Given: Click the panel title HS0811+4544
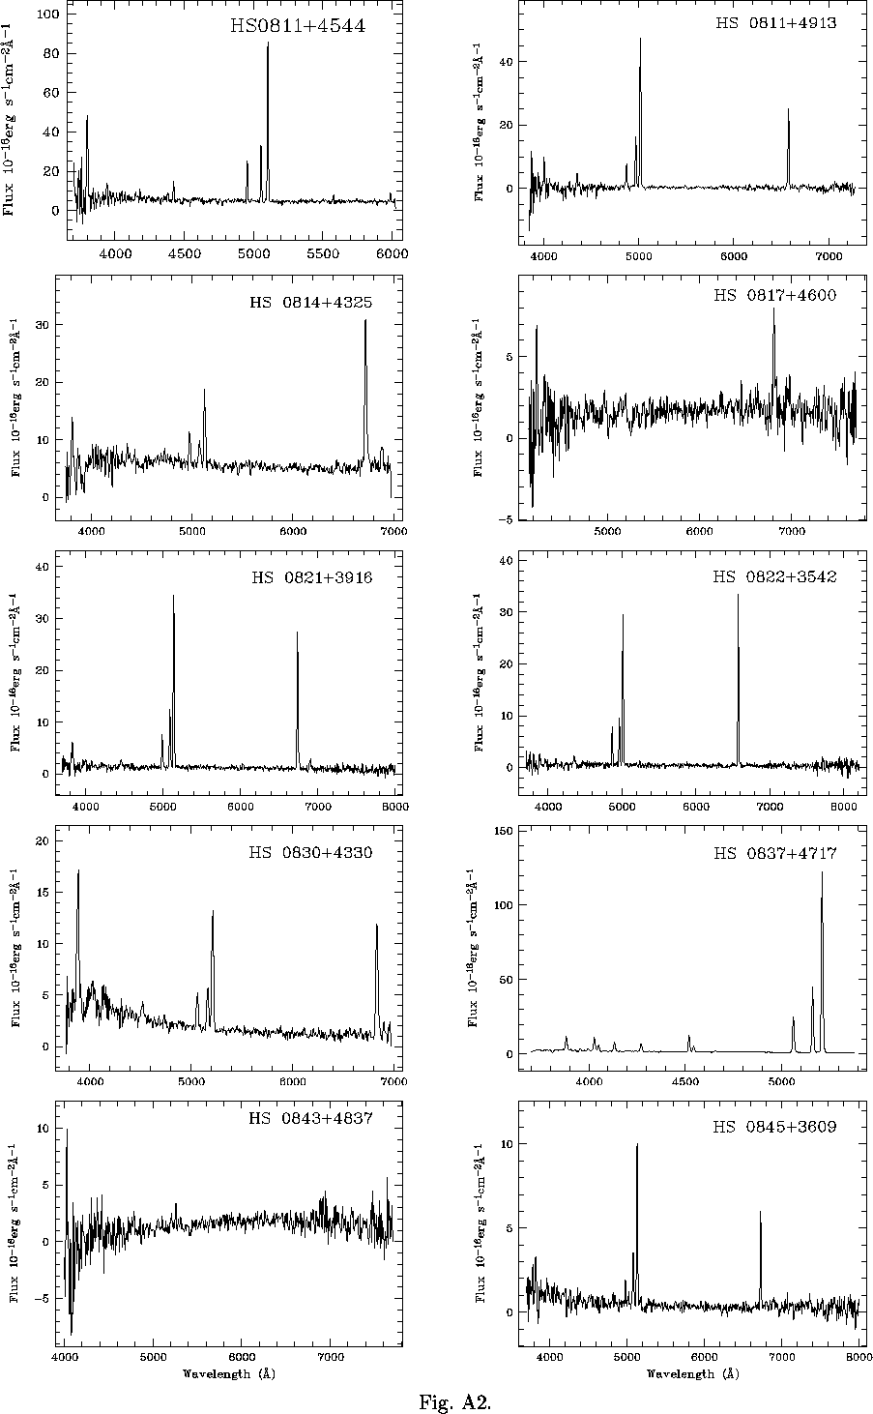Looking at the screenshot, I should coord(297,26).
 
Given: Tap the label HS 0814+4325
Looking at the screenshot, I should coord(310,303).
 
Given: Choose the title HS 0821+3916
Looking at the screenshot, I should coord(312,578).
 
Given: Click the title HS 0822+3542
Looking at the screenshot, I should coord(775,577).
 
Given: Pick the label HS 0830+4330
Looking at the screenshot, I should coord(310,853).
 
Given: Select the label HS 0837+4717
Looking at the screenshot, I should coord(775,853).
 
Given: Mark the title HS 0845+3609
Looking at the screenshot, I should coord(775,1127).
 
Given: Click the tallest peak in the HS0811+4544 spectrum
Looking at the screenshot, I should coord(268,44).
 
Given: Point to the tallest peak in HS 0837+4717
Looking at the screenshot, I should coord(822,872).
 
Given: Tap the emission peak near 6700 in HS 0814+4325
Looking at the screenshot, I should coord(364,321).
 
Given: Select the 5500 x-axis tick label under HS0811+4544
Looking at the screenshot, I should coord(323,253).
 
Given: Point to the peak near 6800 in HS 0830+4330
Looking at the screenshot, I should coord(376,926).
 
